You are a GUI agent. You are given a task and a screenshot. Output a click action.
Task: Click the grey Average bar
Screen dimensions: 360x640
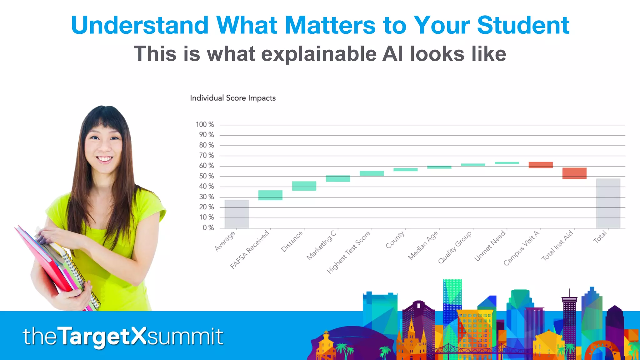click(x=237, y=214)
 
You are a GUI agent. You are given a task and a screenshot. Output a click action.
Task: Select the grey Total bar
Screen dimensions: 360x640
click(x=608, y=203)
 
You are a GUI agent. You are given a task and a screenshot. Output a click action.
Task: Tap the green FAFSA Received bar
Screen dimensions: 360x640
click(x=270, y=195)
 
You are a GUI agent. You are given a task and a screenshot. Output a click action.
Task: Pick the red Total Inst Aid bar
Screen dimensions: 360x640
click(x=574, y=173)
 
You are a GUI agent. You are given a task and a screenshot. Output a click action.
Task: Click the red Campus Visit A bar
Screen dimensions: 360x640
click(x=541, y=165)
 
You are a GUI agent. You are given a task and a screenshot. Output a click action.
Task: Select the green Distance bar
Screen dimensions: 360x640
click(x=304, y=186)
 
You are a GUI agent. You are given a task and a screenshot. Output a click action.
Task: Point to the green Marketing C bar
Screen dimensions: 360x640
click(x=338, y=178)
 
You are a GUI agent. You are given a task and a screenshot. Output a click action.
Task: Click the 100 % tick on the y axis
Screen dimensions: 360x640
click(x=205, y=125)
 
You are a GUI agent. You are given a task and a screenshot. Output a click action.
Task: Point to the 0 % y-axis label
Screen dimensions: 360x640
click(x=208, y=228)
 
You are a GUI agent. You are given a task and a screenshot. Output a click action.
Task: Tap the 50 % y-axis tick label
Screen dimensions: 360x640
click(x=207, y=176)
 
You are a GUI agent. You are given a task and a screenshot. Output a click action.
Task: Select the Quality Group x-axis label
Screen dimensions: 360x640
click(x=455, y=247)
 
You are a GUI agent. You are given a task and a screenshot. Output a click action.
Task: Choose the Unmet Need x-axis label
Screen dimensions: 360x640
click(x=490, y=245)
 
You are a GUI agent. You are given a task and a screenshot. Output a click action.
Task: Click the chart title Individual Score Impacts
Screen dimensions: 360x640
click(x=233, y=98)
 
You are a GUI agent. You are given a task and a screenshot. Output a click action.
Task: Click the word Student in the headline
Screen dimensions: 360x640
click(x=523, y=25)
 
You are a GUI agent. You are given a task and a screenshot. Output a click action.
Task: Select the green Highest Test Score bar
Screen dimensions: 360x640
click(x=372, y=173)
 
